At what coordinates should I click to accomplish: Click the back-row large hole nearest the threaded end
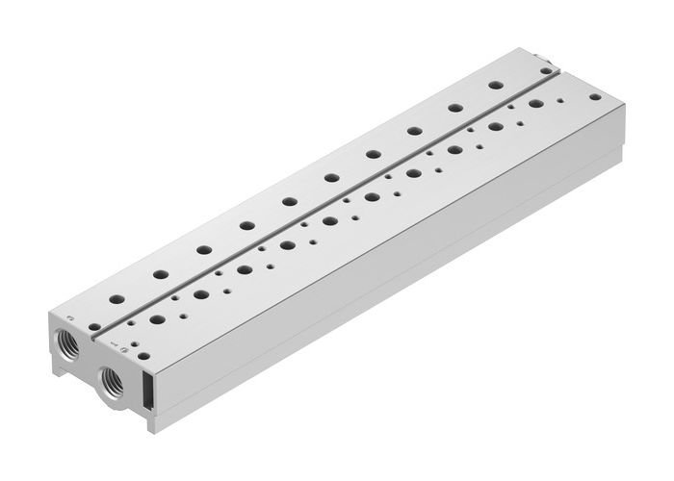pos(117,298)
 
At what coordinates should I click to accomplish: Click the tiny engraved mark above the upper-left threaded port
pos(68,317)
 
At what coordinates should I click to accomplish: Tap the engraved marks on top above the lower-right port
pos(116,339)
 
